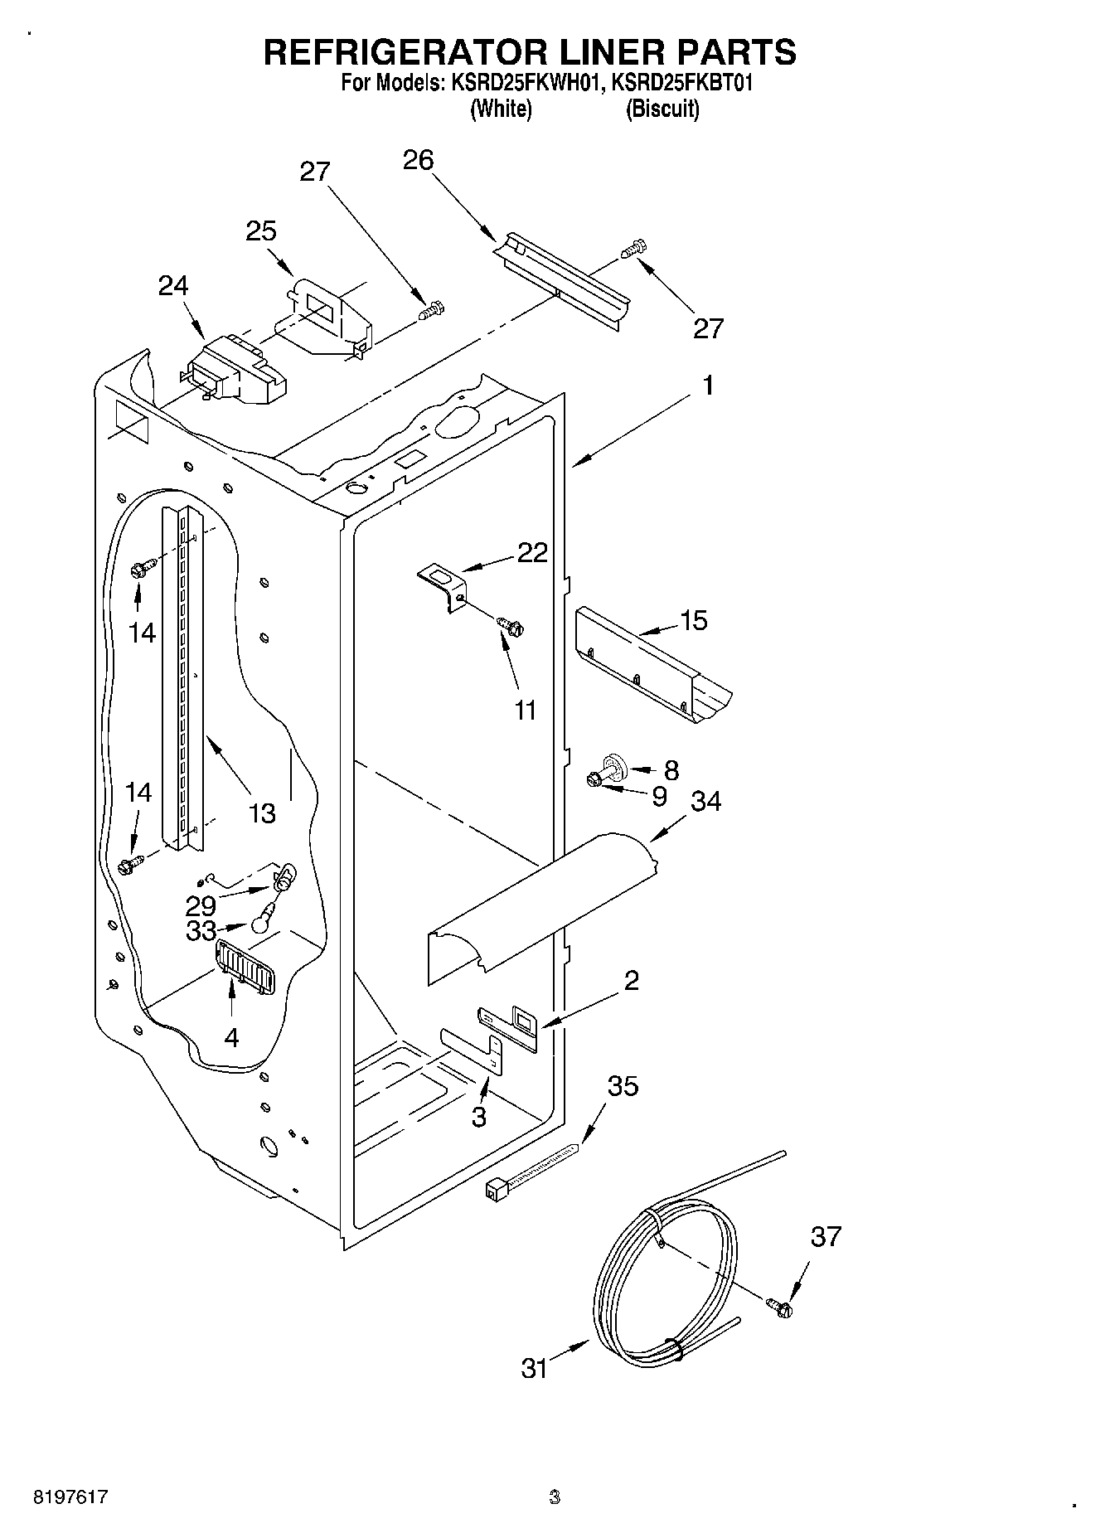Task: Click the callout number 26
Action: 418,160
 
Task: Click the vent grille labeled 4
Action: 245,968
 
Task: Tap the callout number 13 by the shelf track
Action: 261,813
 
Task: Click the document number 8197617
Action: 70,1497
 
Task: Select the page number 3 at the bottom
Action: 555,1497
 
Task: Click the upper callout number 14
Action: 142,633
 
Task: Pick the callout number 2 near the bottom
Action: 631,981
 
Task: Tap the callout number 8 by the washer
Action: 671,770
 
